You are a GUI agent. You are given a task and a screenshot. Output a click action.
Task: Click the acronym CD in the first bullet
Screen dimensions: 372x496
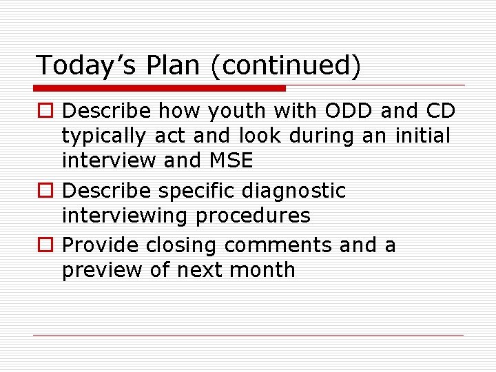click(x=439, y=111)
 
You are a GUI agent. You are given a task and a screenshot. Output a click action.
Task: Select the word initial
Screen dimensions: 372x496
click(x=422, y=136)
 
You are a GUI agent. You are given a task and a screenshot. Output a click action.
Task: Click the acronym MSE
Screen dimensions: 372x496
click(x=229, y=161)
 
